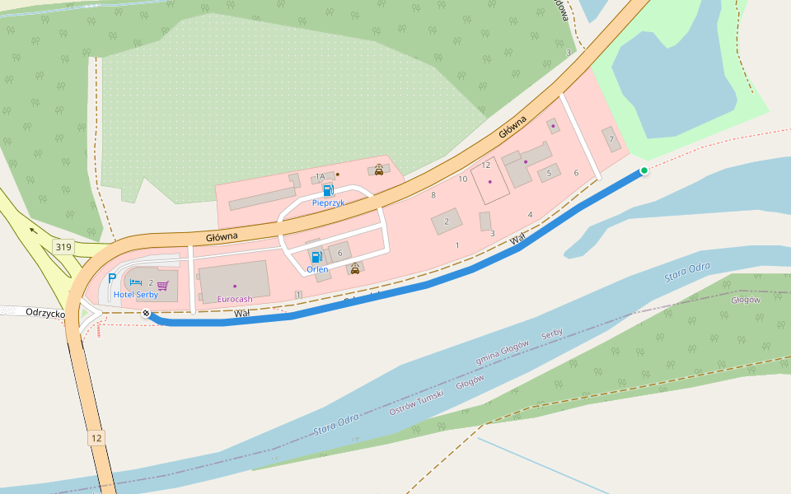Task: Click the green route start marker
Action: click(x=644, y=170)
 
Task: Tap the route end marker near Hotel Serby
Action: click(x=147, y=314)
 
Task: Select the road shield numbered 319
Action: click(x=63, y=247)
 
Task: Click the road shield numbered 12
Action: click(x=97, y=438)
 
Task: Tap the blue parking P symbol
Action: click(x=112, y=279)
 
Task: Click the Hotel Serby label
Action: click(x=135, y=295)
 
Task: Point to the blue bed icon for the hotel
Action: click(x=136, y=283)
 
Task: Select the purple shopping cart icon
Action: click(x=163, y=285)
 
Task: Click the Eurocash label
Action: click(x=235, y=299)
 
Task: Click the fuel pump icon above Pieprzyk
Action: click(x=328, y=190)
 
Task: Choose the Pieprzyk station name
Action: click(x=328, y=203)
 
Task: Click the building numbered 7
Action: click(x=611, y=139)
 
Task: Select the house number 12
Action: click(x=486, y=165)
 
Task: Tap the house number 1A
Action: click(x=320, y=177)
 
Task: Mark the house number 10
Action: click(x=463, y=179)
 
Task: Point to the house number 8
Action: click(x=433, y=195)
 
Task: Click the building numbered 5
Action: click(x=549, y=173)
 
